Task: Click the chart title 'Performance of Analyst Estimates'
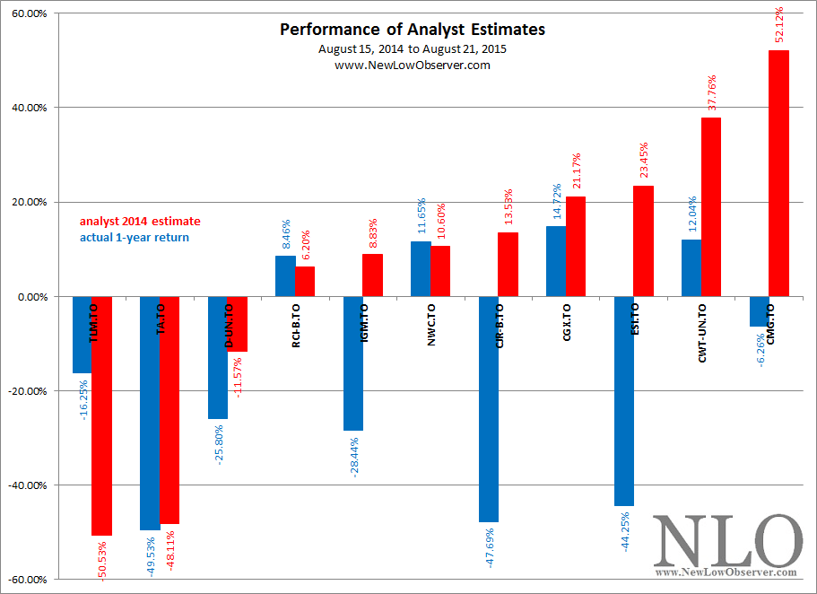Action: [412, 30]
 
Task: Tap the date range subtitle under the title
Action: [412, 48]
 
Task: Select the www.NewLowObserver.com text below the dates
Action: [412, 65]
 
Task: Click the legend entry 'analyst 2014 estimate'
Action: [140, 221]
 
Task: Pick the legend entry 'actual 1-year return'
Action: [135, 237]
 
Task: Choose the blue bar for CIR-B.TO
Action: [488, 408]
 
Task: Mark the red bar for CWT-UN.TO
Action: [710, 206]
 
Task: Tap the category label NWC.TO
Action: [431, 326]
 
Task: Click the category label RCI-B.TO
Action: [297, 330]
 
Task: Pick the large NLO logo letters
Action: [727, 540]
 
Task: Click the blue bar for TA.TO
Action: [150, 413]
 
